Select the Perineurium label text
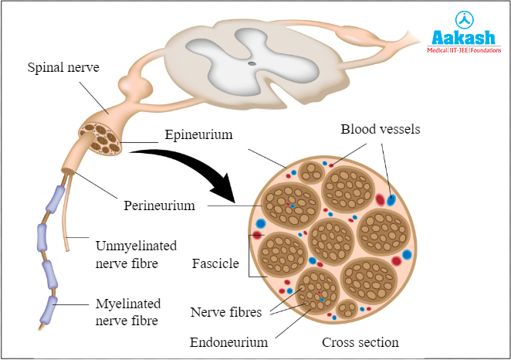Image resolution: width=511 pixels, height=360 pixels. click(159, 207)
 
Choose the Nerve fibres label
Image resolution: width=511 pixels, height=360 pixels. click(225, 313)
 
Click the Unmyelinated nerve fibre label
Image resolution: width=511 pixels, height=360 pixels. click(136, 254)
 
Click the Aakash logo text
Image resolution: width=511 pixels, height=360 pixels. click(466, 39)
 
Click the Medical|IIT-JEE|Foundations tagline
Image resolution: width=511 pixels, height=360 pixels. click(466, 51)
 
